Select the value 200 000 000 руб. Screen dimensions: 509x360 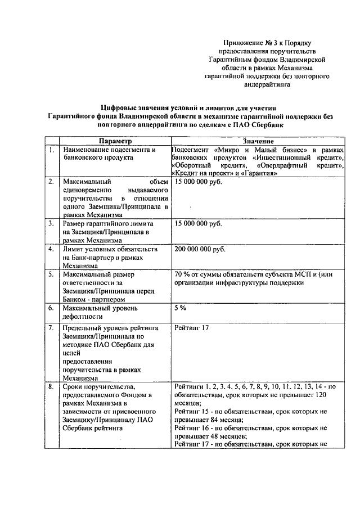199,249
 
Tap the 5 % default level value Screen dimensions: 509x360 180,308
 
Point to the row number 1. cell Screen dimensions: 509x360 51,150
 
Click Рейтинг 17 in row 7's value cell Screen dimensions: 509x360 192,328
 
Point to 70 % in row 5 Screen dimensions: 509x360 183,274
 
